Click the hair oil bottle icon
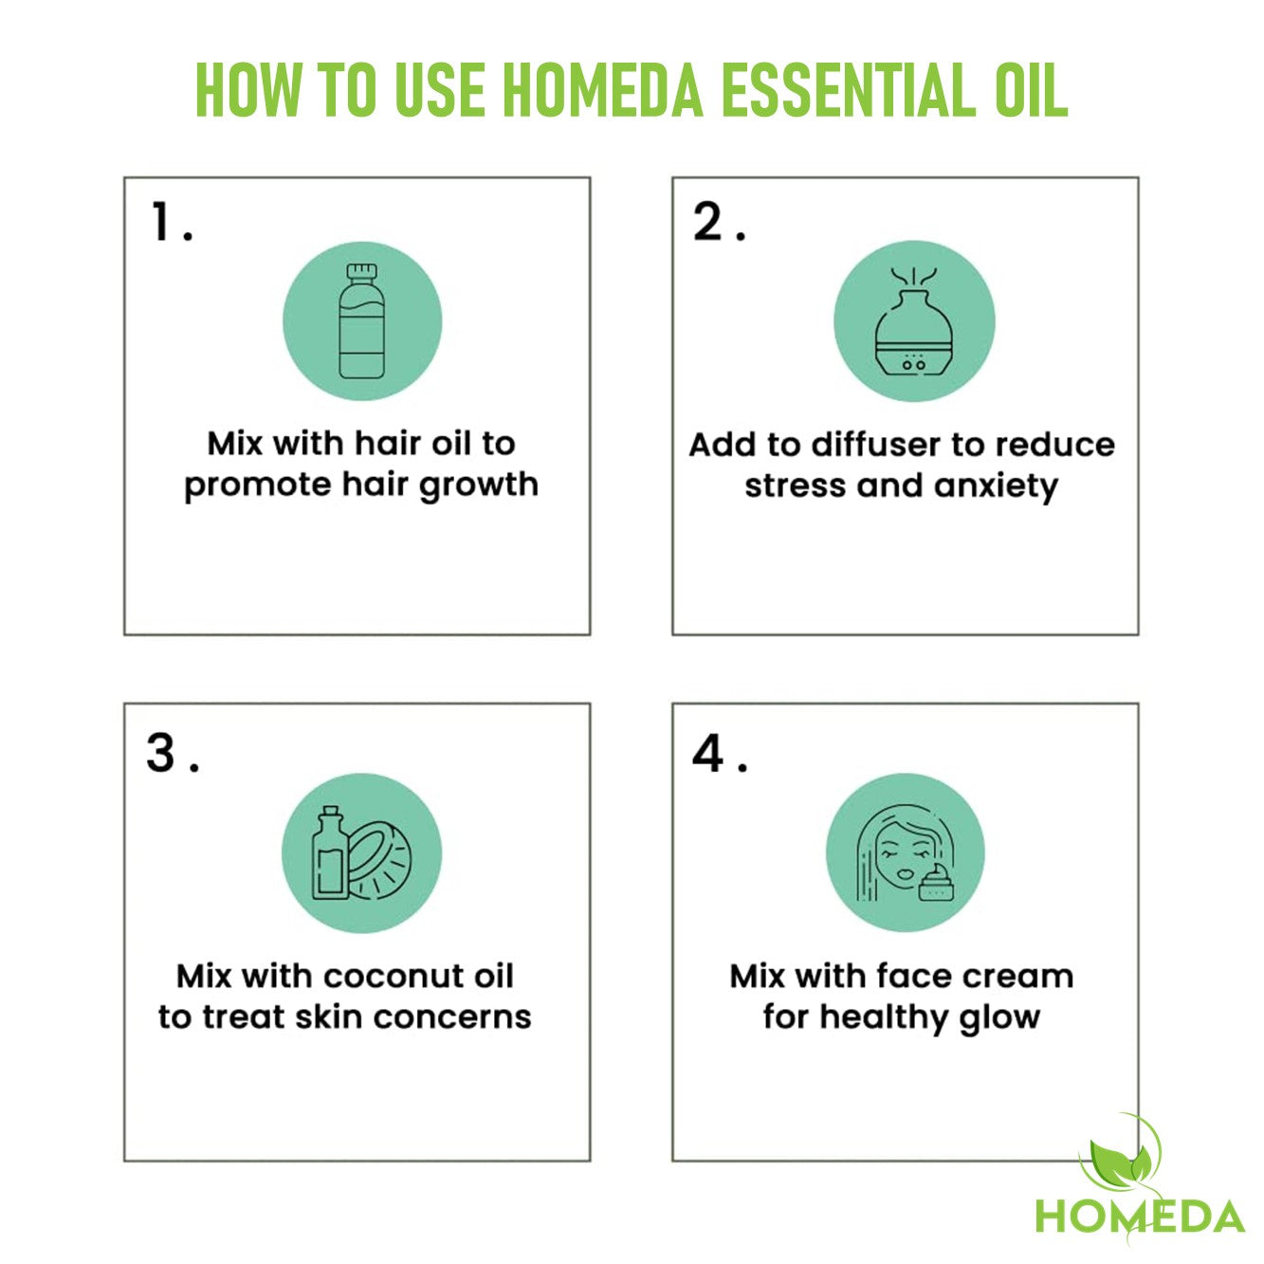[361, 321]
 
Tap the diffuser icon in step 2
[914, 321]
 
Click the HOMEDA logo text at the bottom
[1140, 1216]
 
